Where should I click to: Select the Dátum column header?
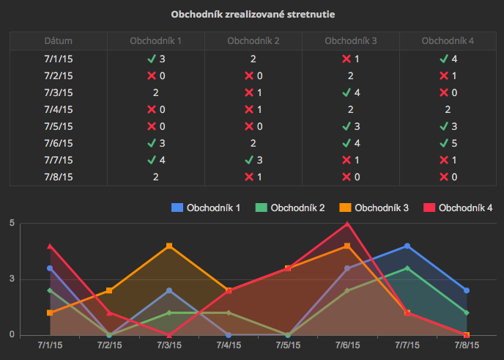tap(59, 41)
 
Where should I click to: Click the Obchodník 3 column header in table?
tap(351, 41)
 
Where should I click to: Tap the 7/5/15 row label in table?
tap(59, 126)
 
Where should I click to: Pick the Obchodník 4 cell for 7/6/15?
tap(448, 143)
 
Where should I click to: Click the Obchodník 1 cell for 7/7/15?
tap(155, 160)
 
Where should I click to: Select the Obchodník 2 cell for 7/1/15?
tap(253, 59)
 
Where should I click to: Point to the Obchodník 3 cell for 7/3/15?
tap(351, 92)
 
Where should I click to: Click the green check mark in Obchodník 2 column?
tap(249, 160)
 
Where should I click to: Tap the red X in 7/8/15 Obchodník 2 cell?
tap(249, 177)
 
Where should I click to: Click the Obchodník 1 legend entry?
tap(206, 208)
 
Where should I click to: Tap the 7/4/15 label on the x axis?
tap(229, 344)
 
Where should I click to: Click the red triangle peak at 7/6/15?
tap(348, 224)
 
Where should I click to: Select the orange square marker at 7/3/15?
tap(169, 246)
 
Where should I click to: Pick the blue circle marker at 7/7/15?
tap(407, 246)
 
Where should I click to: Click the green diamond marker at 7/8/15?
tap(467, 313)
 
